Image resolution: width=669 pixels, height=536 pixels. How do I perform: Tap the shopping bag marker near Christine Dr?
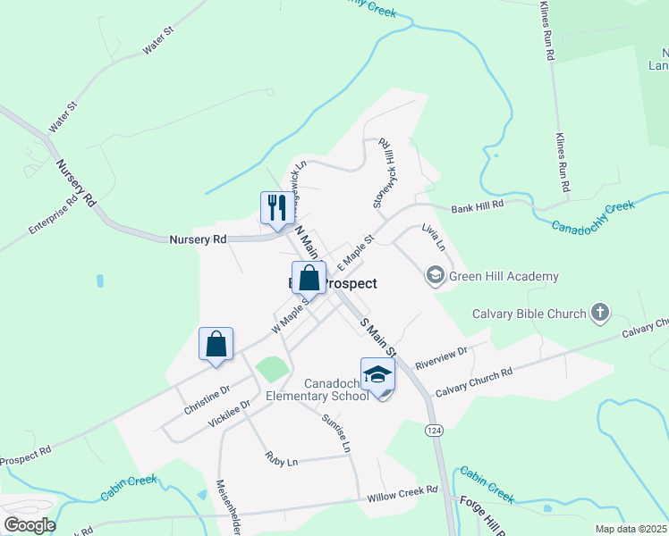[216, 344]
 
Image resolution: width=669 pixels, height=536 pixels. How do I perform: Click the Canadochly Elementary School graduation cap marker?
[377, 374]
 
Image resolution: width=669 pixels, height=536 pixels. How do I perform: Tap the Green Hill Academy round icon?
[436, 276]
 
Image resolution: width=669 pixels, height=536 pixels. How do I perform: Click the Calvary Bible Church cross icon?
[599, 314]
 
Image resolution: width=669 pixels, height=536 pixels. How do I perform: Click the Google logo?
[30, 525]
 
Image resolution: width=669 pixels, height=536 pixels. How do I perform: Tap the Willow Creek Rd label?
[402, 493]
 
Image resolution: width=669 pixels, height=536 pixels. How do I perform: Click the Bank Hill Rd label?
[478, 205]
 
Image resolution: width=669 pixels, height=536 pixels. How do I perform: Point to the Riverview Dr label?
[442, 356]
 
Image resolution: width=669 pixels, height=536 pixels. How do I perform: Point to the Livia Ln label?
[432, 237]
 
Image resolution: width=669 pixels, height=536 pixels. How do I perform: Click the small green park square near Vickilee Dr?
[272, 368]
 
